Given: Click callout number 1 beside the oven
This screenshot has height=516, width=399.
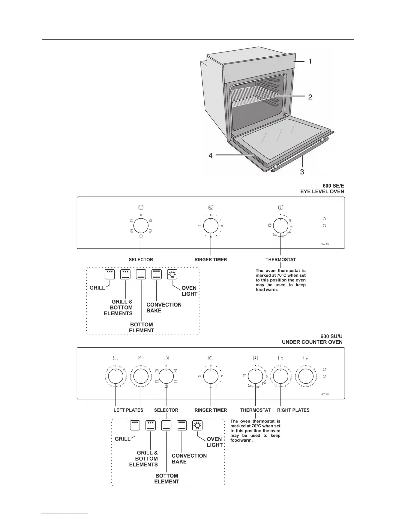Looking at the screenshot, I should (310, 61).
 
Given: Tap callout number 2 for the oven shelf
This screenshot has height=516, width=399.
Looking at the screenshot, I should (310, 97).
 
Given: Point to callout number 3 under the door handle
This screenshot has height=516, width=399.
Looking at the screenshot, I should (302, 171).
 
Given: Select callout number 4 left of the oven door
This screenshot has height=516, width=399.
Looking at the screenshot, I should (211, 156).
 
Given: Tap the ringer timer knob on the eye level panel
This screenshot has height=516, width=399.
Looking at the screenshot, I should (211, 225).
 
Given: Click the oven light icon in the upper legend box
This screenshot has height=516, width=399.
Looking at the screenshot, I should (172, 274).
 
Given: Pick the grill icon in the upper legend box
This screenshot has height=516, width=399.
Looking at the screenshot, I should (110, 274).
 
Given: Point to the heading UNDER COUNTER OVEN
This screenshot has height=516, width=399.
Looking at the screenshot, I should (312, 342).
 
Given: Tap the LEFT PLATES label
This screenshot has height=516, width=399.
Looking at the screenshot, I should (128, 410).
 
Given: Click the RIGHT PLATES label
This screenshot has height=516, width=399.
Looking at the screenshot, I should (293, 410).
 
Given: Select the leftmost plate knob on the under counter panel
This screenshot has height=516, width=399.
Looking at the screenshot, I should (116, 376).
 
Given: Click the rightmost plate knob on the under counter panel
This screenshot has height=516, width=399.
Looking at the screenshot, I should (306, 376).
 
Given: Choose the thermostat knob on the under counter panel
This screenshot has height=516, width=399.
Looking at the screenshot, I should (255, 376).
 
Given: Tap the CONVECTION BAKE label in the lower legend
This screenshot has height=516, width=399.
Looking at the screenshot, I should (189, 458).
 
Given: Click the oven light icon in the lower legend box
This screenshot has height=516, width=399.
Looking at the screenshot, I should (197, 425).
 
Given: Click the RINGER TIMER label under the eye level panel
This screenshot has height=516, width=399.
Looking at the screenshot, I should (211, 260).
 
